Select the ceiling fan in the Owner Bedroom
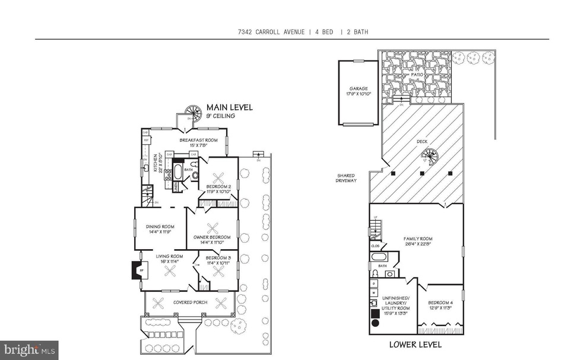tap(212, 228)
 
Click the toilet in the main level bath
tap(195, 176)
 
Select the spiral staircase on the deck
tap(429, 158)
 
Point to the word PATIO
tap(418, 75)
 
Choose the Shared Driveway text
tap(346, 178)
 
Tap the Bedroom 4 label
tap(440, 305)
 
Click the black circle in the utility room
tap(376, 324)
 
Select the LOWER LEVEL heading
tap(415, 344)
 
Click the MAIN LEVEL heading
tap(229, 107)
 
